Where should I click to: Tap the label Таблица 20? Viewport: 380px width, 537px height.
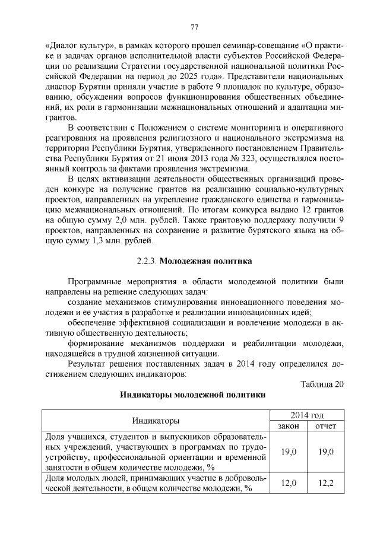coord(322,383)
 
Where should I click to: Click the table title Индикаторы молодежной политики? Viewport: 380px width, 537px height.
coord(194,395)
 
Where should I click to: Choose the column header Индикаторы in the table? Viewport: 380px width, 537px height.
coord(156,421)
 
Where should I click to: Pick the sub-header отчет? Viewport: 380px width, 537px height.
coord(325,426)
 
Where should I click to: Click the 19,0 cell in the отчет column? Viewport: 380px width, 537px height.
coord(325,452)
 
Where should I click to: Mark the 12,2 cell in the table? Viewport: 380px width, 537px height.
coord(325,483)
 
